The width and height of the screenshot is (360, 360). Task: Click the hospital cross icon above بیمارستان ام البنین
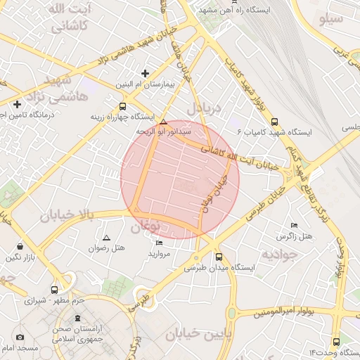pyautogui.click(x=145, y=73)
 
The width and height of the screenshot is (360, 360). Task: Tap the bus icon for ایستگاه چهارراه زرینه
pyautogui.click(x=123, y=107)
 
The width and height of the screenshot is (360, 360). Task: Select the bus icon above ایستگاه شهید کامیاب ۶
pyautogui.click(x=274, y=121)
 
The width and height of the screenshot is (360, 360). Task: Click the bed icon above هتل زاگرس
pyautogui.click(x=294, y=226)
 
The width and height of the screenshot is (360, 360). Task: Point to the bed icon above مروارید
pyautogui.click(x=159, y=243)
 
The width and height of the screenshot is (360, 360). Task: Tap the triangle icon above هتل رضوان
pyautogui.click(x=106, y=238)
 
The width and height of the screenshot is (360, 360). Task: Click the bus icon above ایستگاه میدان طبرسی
pyautogui.click(x=219, y=257)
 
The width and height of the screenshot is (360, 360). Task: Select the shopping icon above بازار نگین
pyautogui.click(x=19, y=247)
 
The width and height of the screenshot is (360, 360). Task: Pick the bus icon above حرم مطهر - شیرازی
pyautogui.click(x=54, y=289)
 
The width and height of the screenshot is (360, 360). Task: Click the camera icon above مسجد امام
pyautogui.click(x=20, y=337)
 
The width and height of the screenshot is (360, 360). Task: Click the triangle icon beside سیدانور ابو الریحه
pyautogui.click(x=163, y=121)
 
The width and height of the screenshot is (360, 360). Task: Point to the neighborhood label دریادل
pyautogui.click(x=204, y=109)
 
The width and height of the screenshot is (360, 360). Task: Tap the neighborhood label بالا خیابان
pyautogui.click(x=66, y=216)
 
